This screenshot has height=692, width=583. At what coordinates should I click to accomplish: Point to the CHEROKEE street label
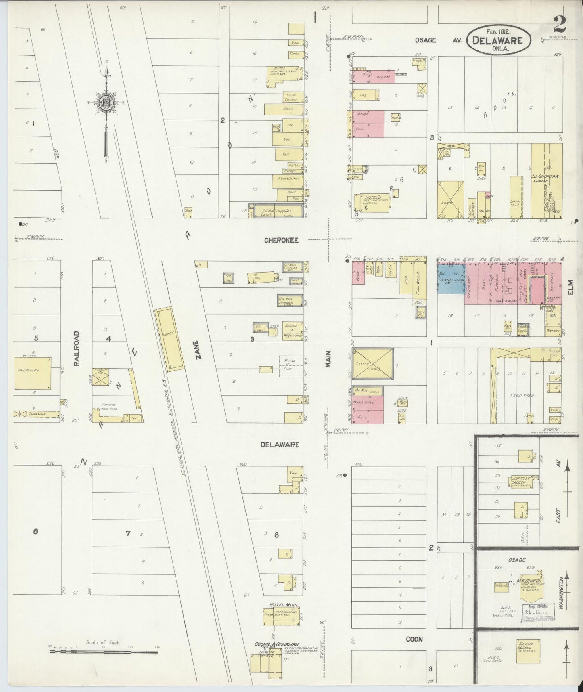click(x=281, y=240)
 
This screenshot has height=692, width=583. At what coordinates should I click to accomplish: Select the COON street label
click(x=414, y=639)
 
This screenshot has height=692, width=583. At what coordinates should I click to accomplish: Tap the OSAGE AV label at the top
click(x=438, y=40)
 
